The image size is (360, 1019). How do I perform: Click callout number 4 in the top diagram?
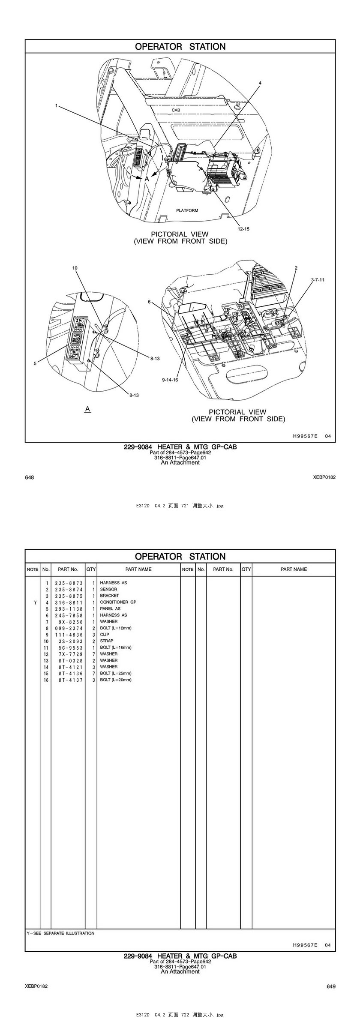260,83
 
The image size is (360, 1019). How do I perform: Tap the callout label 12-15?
243,229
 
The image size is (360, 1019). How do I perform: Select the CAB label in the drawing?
176,110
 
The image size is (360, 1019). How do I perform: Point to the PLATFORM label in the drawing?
187,210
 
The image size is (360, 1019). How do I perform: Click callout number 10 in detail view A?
75,268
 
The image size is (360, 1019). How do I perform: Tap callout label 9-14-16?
170,380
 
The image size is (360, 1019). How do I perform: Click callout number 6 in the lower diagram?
149,302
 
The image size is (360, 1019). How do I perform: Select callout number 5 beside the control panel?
35,363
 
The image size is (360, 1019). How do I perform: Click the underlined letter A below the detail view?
87,409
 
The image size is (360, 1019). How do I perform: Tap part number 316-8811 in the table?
69,602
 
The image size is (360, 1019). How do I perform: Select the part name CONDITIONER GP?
118,602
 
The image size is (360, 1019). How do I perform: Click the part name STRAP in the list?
107,641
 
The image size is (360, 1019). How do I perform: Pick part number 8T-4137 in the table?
69,680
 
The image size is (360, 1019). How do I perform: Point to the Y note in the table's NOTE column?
35,602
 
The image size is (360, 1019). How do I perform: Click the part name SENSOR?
108,589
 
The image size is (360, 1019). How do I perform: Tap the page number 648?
29,477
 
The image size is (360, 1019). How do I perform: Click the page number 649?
331,986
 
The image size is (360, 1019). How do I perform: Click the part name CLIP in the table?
105,634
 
